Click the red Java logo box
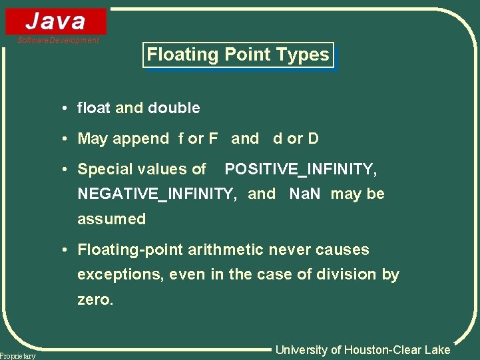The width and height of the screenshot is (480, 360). (56, 21)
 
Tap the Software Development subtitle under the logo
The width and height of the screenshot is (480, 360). (59, 41)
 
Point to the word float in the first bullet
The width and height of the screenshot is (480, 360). (94, 108)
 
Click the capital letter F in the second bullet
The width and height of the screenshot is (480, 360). (213, 138)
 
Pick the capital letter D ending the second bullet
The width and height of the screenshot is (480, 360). (313, 138)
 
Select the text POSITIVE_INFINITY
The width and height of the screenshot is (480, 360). (301, 170)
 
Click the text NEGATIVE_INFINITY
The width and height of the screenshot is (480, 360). (158, 194)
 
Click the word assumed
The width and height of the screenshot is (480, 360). (111, 219)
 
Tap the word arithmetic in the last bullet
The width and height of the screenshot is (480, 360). (227, 250)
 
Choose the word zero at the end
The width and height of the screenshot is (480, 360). (95, 300)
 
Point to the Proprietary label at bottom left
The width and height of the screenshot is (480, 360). (18, 356)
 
